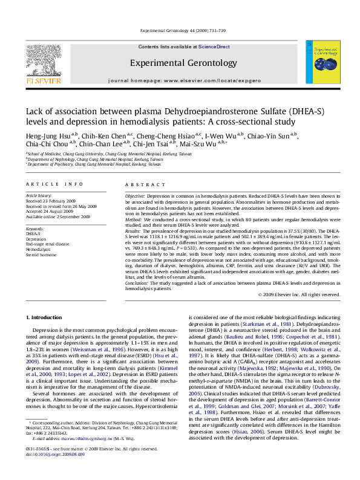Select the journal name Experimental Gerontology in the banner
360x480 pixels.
[183, 62]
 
